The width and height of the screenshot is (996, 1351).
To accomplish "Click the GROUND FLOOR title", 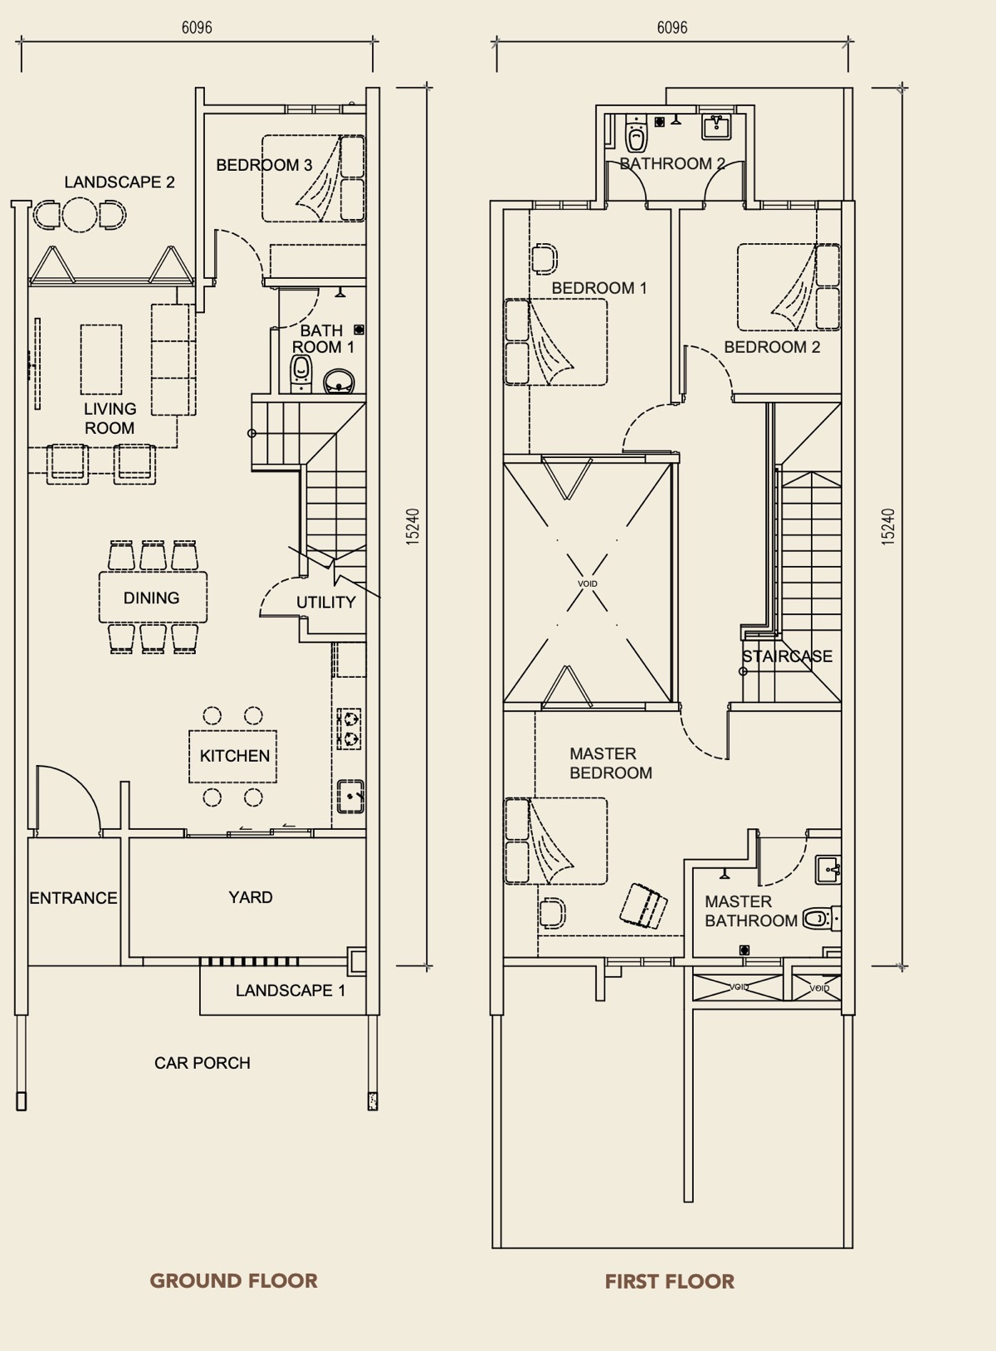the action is [x=233, y=1280].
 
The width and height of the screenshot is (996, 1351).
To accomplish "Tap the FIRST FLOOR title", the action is [x=670, y=1281].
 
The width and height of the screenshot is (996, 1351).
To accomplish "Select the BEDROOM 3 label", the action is [x=264, y=165].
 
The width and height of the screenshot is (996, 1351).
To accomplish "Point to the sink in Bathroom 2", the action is [x=717, y=127].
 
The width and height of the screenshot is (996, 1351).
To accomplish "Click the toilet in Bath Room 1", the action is [x=301, y=374].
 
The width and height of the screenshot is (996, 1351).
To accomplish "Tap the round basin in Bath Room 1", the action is [x=339, y=381].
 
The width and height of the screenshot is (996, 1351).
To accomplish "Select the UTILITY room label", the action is [x=325, y=602].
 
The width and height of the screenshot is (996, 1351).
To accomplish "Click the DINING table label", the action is [x=151, y=597].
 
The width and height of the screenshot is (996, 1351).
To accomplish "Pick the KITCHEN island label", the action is [x=235, y=756].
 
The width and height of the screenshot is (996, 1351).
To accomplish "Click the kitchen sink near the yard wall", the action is [x=350, y=797].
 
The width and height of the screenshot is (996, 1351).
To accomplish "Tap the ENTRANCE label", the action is [x=74, y=898].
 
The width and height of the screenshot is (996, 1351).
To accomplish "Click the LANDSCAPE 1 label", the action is [x=290, y=990].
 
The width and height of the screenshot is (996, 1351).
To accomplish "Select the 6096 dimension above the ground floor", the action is [x=197, y=27].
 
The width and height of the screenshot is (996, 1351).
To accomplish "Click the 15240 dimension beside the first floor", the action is [x=888, y=527].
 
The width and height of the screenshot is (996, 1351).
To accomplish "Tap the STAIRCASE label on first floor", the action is [x=788, y=656].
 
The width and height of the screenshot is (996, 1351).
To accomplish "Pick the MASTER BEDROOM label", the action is [x=611, y=763].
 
